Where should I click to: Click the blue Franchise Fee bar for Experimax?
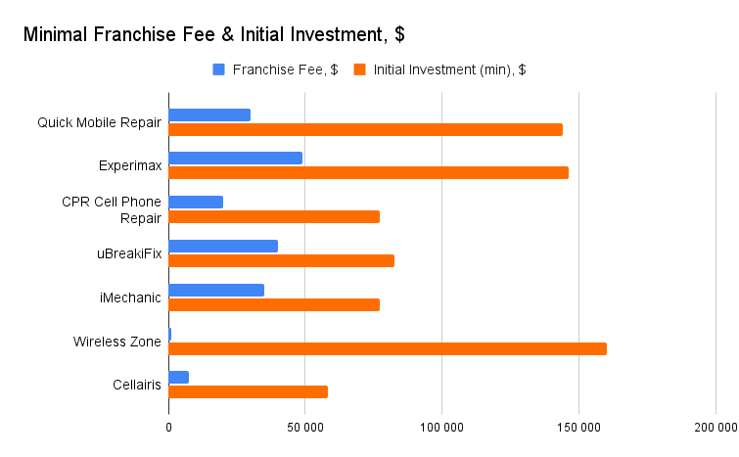236,159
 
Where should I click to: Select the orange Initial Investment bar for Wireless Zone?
388,348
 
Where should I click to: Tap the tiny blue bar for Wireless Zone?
169,335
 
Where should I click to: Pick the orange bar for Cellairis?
249,392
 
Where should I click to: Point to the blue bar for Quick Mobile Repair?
209,114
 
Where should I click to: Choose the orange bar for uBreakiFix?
281,260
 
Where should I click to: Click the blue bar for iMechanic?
216,291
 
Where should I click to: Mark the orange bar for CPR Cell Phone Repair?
274,216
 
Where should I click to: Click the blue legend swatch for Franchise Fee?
218,69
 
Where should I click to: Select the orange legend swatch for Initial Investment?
359,69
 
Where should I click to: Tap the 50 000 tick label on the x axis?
305,428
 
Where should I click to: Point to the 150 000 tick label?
578,428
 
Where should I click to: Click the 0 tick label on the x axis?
168,428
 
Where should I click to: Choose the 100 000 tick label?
442,428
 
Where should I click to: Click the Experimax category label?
130,165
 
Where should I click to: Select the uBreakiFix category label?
129,253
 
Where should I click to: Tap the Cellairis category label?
137,385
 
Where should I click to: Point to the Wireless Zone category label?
116,342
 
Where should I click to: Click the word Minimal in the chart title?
56,34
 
